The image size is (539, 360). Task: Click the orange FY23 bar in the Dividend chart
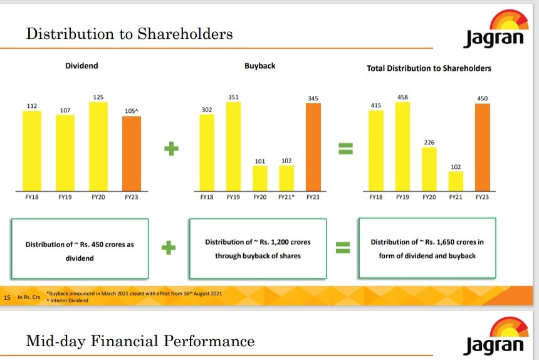[131, 154]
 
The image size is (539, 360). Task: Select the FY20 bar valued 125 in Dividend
[98, 146]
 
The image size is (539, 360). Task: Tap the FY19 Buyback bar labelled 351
[233, 146]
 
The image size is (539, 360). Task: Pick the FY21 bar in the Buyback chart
[286, 178]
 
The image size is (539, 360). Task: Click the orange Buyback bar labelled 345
[313, 147]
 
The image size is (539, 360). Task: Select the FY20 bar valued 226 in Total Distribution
[429, 169]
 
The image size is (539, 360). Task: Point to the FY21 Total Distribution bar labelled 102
[456, 181]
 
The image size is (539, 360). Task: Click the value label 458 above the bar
[402, 97]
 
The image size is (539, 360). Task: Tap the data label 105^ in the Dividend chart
[131, 111]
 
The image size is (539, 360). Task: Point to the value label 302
[206, 110]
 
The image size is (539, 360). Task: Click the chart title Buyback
[259, 65]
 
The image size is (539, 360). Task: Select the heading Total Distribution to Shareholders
[429, 68]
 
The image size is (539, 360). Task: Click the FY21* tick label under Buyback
[286, 197]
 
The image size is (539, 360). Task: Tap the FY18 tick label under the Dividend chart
[32, 197]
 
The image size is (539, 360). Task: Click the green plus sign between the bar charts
[171, 149]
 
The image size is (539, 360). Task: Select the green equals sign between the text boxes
[342, 248]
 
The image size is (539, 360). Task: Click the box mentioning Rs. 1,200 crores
[258, 248]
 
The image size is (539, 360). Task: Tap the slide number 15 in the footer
[8, 296]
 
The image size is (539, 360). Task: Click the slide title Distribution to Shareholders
[129, 33]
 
